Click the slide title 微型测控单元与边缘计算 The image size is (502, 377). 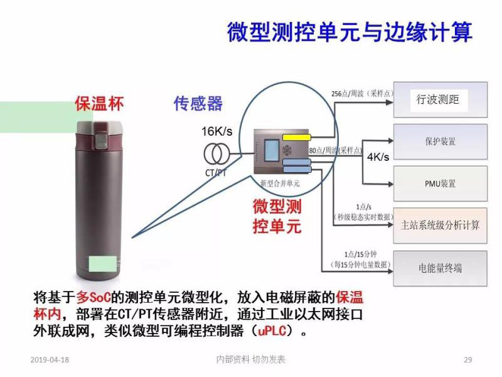pyautogui.click(x=349, y=31)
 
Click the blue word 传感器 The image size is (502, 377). pyautogui.click(x=198, y=104)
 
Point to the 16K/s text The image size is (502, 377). pyautogui.click(x=216, y=131)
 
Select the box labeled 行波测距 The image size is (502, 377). pyautogui.click(x=440, y=99)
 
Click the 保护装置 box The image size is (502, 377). pyautogui.click(x=440, y=141)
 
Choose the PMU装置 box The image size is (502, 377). pyautogui.click(x=440, y=183)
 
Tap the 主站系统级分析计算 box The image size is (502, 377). pyautogui.click(x=440, y=224)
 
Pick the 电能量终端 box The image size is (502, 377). pyautogui.click(x=440, y=268)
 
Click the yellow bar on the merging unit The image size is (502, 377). pyautogui.click(x=297, y=137)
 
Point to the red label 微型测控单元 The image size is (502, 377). pyautogui.click(x=277, y=216)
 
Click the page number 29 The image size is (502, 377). pyautogui.click(x=467, y=360)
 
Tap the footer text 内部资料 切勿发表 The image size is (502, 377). pyautogui.click(x=250, y=359)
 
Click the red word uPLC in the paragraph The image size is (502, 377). pyautogui.click(x=271, y=329)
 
